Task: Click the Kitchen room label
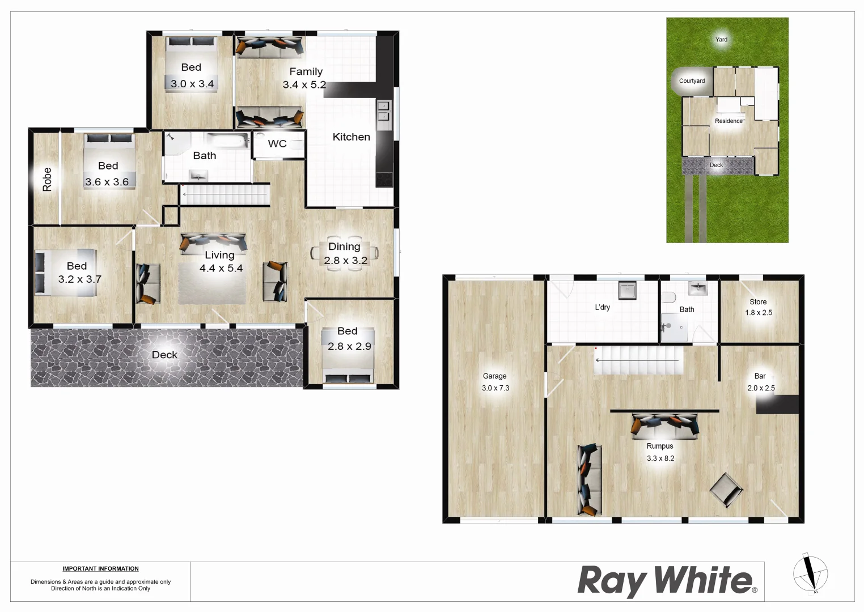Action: (x=351, y=137)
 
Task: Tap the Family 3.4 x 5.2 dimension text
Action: (x=304, y=85)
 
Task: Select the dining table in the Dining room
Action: (x=344, y=253)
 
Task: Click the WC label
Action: (x=277, y=144)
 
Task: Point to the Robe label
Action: (x=47, y=179)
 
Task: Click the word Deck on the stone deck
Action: (x=164, y=355)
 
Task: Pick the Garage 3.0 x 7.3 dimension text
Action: (x=495, y=388)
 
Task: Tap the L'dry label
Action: (x=602, y=307)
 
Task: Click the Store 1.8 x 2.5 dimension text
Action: (x=759, y=313)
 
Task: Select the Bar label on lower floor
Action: (x=760, y=376)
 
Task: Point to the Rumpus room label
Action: (x=660, y=446)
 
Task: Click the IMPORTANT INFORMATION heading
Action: (x=100, y=569)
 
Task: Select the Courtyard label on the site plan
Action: (x=692, y=81)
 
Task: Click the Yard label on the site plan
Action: (x=721, y=40)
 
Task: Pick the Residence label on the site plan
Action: (x=729, y=121)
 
